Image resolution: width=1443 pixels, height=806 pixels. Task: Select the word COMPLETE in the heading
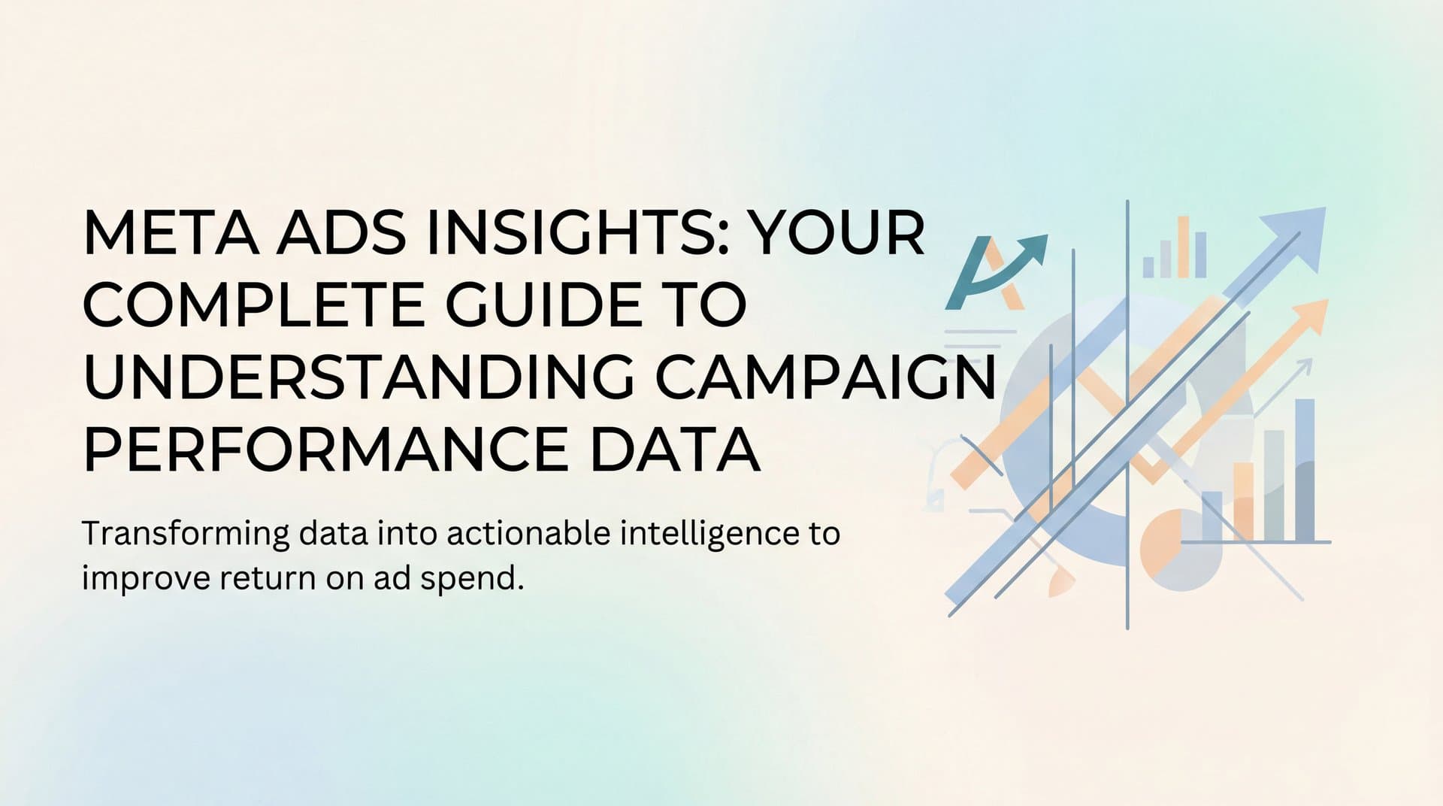pos(253,305)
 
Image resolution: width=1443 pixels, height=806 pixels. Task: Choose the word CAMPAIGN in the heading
pos(825,377)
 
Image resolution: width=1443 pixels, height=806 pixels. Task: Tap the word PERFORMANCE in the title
pos(325,450)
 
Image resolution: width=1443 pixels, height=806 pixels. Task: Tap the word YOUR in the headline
pos(838,234)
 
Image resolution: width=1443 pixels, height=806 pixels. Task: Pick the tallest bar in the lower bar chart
pos(1305,469)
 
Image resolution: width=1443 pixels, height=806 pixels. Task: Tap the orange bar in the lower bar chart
pos(1243,501)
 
